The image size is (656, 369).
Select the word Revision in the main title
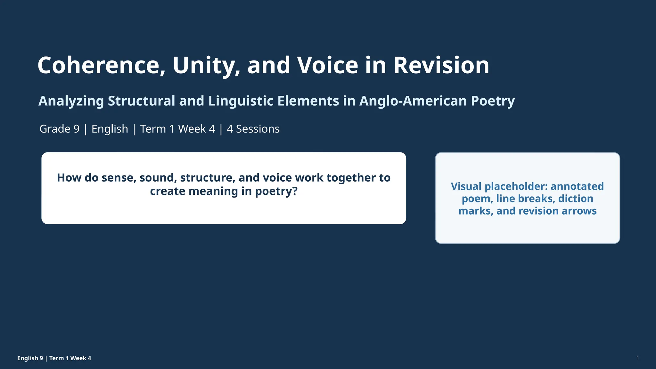[441, 65]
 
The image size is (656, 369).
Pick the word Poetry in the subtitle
[493, 101]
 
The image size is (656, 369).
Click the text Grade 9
[60, 129]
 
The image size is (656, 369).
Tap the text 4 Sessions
[253, 129]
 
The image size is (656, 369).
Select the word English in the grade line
[110, 129]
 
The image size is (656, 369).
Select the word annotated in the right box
[577, 186]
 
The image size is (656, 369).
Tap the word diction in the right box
[576, 199]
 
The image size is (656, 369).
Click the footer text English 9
[30, 358]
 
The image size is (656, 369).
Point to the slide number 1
[638, 358]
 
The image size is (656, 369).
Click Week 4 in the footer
[81, 358]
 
